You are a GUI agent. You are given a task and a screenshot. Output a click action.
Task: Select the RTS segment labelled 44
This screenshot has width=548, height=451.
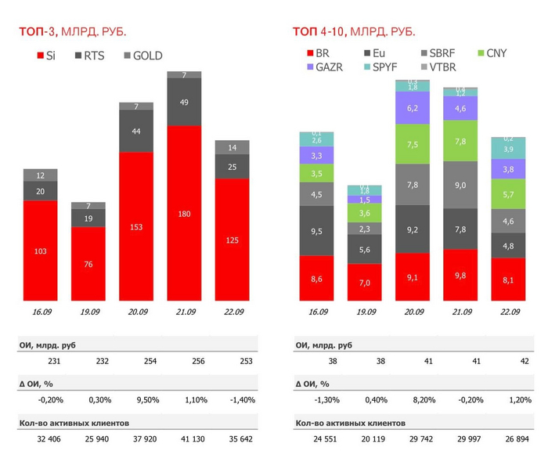coord(136,132)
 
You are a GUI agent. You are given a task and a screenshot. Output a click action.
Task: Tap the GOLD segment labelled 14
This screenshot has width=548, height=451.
coord(232,147)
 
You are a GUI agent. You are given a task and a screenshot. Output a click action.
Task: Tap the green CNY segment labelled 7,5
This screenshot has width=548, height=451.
coord(413,144)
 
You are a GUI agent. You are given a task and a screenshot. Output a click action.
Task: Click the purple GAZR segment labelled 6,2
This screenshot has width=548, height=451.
coord(413,108)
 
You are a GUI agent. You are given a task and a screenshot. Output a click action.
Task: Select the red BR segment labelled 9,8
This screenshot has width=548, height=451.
coord(460,275)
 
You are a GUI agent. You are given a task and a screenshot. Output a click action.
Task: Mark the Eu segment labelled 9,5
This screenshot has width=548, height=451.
coord(317,231)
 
